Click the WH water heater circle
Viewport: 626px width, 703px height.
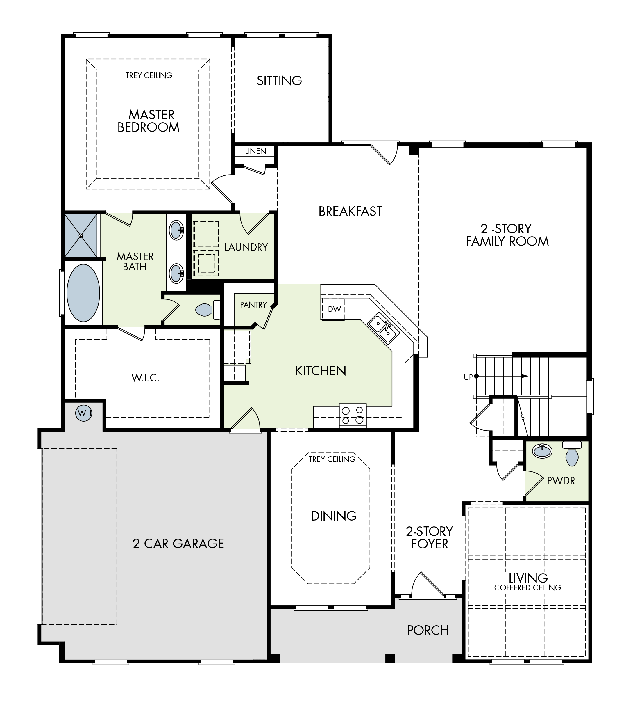84,413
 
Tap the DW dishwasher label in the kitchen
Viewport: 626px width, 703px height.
334,309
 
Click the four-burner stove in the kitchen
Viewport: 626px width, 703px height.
353,415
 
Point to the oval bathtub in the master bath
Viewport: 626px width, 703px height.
83,293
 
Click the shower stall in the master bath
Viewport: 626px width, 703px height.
81,236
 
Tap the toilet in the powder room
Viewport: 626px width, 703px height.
572,453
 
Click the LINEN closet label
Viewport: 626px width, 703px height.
255,151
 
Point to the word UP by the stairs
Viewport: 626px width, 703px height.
468,377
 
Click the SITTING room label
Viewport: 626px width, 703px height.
279,81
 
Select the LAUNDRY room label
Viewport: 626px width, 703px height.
246,247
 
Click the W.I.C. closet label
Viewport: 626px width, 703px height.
146,378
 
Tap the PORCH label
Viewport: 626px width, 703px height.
428,630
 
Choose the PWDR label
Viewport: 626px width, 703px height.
561,481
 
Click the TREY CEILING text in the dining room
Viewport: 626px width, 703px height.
332,459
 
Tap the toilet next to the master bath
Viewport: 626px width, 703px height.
208,310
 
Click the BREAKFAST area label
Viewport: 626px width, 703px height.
350,212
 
